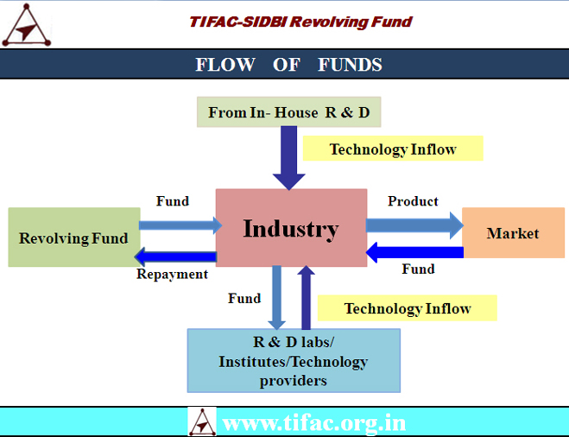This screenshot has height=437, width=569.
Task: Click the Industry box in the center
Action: click(291, 228)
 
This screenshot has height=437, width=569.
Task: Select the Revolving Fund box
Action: click(74, 237)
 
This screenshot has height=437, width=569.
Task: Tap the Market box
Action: click(513, 232)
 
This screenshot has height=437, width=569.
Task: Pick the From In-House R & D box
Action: click(289, 112)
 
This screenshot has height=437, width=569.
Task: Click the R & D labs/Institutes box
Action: click(294, 360)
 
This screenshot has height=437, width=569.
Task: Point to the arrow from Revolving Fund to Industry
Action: click(180, 225)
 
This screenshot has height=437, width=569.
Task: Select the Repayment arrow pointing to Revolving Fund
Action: click(175, 257)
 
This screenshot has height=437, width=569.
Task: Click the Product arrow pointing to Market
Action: click(414, 225)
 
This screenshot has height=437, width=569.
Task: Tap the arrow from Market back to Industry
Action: click(414, 252)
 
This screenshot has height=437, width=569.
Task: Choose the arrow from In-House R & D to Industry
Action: click(289, 158)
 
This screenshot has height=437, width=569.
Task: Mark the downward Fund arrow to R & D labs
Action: click(277, 298)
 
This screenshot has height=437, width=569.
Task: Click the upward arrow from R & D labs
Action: click(306, 298)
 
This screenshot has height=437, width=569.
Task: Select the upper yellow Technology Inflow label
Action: click(393, 149)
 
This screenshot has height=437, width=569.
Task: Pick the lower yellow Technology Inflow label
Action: click(408, 307)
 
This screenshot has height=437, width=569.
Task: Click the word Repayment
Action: click(173, 275)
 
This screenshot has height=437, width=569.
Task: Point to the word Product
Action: click(413, 201)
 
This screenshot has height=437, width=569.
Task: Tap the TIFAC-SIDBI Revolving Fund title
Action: click(300, 22)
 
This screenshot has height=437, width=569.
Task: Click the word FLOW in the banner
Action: click(225, 65)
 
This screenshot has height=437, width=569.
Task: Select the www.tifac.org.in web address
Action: click(314, 423)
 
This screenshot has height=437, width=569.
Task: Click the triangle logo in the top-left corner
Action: click(27, 25)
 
